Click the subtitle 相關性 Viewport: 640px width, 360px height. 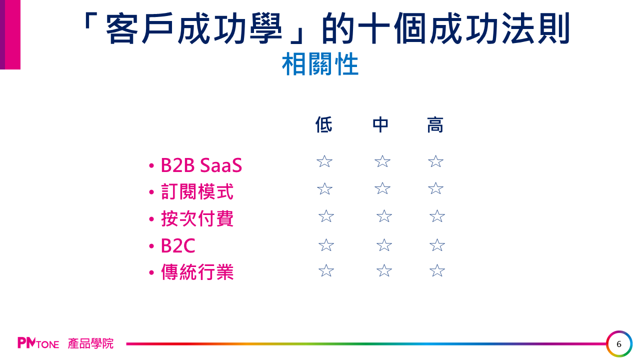click(x=320, y=64)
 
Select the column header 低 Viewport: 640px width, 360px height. click(x=323, y=124)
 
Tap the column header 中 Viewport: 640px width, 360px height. click(x=380, y=124)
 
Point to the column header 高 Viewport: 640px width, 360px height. click(x=435, y=124)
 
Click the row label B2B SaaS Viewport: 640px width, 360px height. click(x=201, y=165)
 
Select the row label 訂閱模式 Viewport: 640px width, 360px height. click(x=197, y=191)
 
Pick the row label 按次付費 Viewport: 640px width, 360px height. click(x=197, y=218)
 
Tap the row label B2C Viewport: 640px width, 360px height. click(x=178, y=245)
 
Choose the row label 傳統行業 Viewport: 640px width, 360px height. click(x=197, y=271)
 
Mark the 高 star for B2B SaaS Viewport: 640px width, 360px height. click(x=435, y=161)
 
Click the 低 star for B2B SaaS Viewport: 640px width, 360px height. click(x=324, y=161)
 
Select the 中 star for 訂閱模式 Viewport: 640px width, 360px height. click(x=382, y=188)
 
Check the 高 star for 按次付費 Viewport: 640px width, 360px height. click(x=437, y=216)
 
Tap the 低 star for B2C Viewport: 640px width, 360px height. click(x=326, y=245)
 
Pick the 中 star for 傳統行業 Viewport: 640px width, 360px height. click(x=384, y=270)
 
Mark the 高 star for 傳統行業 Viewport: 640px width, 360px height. click(x=437, y=270)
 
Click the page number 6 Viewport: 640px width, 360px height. click(x=619, y=344)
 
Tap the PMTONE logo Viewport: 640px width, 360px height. click(x=38, y=343)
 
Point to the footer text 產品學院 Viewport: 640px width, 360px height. click(x=90, y=343)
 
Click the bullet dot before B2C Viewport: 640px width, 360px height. click(x=151, y=246)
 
